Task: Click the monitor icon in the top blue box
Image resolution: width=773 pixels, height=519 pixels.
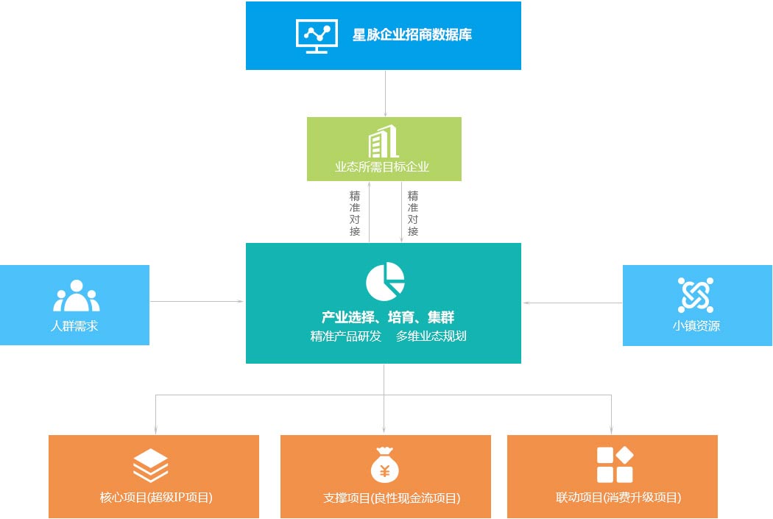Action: (x=317, y=36)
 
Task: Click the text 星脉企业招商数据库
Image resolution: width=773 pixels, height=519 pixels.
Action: (x=412, y=35)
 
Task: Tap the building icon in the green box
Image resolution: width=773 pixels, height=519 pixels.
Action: (x=383, y=141)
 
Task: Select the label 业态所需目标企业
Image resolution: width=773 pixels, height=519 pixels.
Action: (x=382, y=167)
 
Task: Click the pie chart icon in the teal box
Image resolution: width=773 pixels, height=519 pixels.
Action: (x=385, y=281)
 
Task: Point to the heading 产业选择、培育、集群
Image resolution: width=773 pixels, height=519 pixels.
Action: (x=387, y=317)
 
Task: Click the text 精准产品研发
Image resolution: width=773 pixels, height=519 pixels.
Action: (x=345, y=336)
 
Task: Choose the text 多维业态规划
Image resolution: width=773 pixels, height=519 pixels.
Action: (x=431, y=336)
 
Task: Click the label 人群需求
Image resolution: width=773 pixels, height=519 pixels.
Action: (x=74, y=326)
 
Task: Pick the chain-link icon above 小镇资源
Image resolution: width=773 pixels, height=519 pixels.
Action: (x=696, y=294)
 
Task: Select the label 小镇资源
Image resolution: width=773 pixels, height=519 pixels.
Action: (x=696, y=326)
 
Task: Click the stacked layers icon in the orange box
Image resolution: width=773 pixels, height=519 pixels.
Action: (x=150, y=466)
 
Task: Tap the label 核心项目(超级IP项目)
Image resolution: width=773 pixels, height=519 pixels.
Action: (x=156, y=498)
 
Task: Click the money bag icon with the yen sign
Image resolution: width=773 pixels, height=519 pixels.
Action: (x=385, y=465)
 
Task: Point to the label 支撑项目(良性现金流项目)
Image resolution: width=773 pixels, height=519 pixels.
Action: (x=392, y=498)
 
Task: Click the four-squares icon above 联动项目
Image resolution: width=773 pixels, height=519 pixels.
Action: (x=615, y=465)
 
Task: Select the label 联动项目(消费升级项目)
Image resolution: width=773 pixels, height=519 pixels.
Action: (x=618, y=498)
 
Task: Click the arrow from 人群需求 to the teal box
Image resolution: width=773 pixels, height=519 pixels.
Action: (x=197, y=301)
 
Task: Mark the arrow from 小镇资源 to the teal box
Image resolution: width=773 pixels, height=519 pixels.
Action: (x=572, y=303)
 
